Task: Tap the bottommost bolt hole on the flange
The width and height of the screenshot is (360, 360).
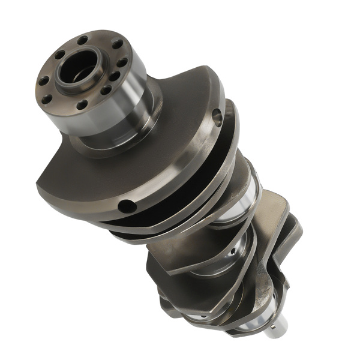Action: click(x=82, y=104)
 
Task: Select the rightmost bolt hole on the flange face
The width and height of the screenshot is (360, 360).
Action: click(x=122, y=62)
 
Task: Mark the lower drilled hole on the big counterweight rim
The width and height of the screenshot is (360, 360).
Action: click(x=127, y=206)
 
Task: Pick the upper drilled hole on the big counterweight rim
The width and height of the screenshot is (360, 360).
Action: click(x=218, y=116)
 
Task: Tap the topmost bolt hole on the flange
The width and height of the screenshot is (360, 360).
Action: click(x=82, y=40)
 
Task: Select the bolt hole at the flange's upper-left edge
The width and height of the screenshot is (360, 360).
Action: click(x=59, y=54)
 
